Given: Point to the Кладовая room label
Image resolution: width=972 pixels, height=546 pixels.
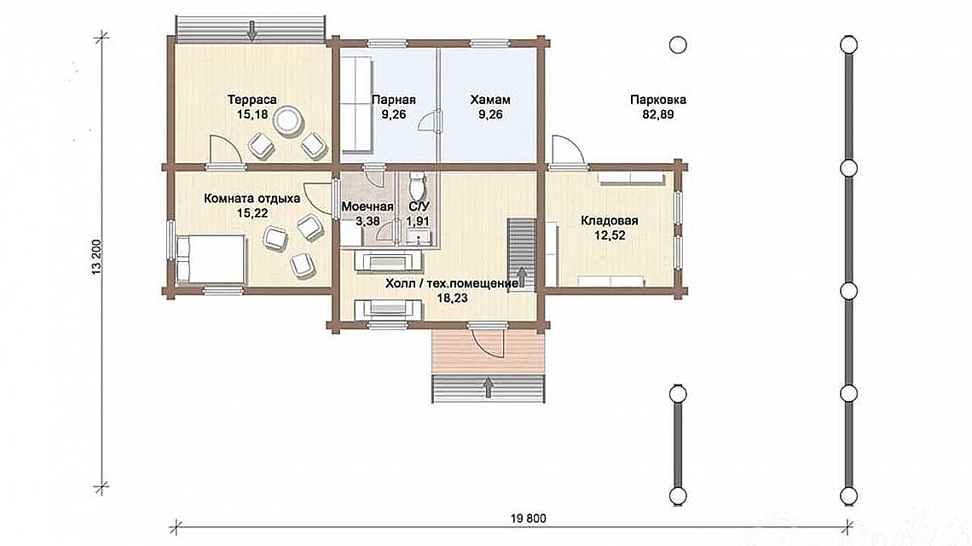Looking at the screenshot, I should pos(610,220).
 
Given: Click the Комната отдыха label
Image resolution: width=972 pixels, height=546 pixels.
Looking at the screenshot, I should pos(252,199).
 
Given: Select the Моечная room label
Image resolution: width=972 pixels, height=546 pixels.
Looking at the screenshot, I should pos(367,206).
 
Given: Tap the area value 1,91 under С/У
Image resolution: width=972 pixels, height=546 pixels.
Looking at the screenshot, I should pos(418,221).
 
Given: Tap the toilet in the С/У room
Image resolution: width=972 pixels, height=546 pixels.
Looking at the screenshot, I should pos(417,183).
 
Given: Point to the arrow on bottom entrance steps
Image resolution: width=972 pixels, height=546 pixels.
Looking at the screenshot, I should pos(488,387).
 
